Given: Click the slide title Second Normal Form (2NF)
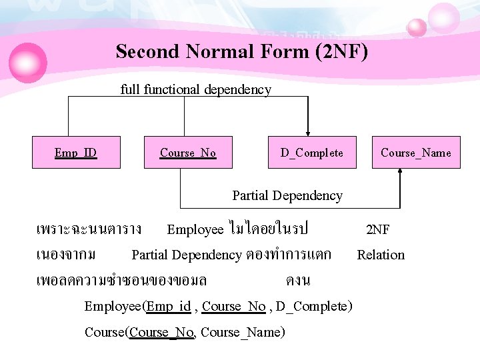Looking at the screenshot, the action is click(241, 51).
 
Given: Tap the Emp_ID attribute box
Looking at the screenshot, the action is click(75, 153).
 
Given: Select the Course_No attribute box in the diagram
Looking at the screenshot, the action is click(188, 153).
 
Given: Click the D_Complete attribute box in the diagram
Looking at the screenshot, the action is click(311, 153).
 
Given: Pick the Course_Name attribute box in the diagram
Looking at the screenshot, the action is click(415, 153).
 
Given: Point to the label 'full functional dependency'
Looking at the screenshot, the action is click(196, 89).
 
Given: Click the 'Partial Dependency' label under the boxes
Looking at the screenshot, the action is click(287, 195).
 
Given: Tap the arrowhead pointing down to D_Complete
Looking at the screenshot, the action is click(307, 132).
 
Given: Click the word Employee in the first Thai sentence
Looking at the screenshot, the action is click(195, 230).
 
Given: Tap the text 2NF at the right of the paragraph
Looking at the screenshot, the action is click(378, 230).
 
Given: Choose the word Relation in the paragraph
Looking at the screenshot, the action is click(381, 255).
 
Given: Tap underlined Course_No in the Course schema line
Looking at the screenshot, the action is click(162, 332).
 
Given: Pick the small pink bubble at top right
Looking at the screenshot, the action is click(417, 27).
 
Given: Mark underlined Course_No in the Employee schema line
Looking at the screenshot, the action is click(233, 307).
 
